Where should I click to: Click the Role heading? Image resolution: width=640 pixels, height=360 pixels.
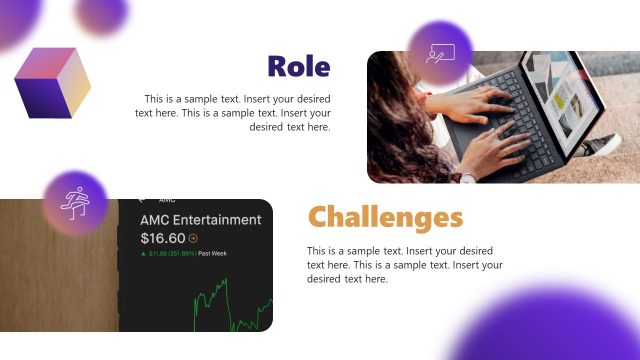[x=298, y=66]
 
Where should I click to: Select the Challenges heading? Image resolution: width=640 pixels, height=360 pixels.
[x=385, y=217]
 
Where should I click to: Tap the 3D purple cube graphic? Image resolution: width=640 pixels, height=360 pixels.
[x=52, y=82]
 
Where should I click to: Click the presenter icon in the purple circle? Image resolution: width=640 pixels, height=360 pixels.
[x=439, y=53]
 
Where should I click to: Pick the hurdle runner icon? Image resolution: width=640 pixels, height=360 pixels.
[x=74, y=201]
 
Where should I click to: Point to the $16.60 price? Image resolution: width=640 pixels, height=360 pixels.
[x=163, y=238]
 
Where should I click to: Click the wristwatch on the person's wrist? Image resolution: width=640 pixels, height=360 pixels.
[x=467, y=177]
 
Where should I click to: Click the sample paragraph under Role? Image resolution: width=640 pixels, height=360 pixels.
[x=234, y=113]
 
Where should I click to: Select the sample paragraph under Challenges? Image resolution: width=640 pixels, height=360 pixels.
[x=404, y=264]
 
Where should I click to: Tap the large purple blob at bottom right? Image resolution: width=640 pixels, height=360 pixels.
[x=560, y=325]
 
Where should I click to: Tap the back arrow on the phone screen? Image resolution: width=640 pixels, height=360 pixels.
[x=142, y=199]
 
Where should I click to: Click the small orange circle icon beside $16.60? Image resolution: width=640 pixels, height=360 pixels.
[x=193, y=239]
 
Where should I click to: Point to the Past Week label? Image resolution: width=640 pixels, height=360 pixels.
[x=213, y=254]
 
